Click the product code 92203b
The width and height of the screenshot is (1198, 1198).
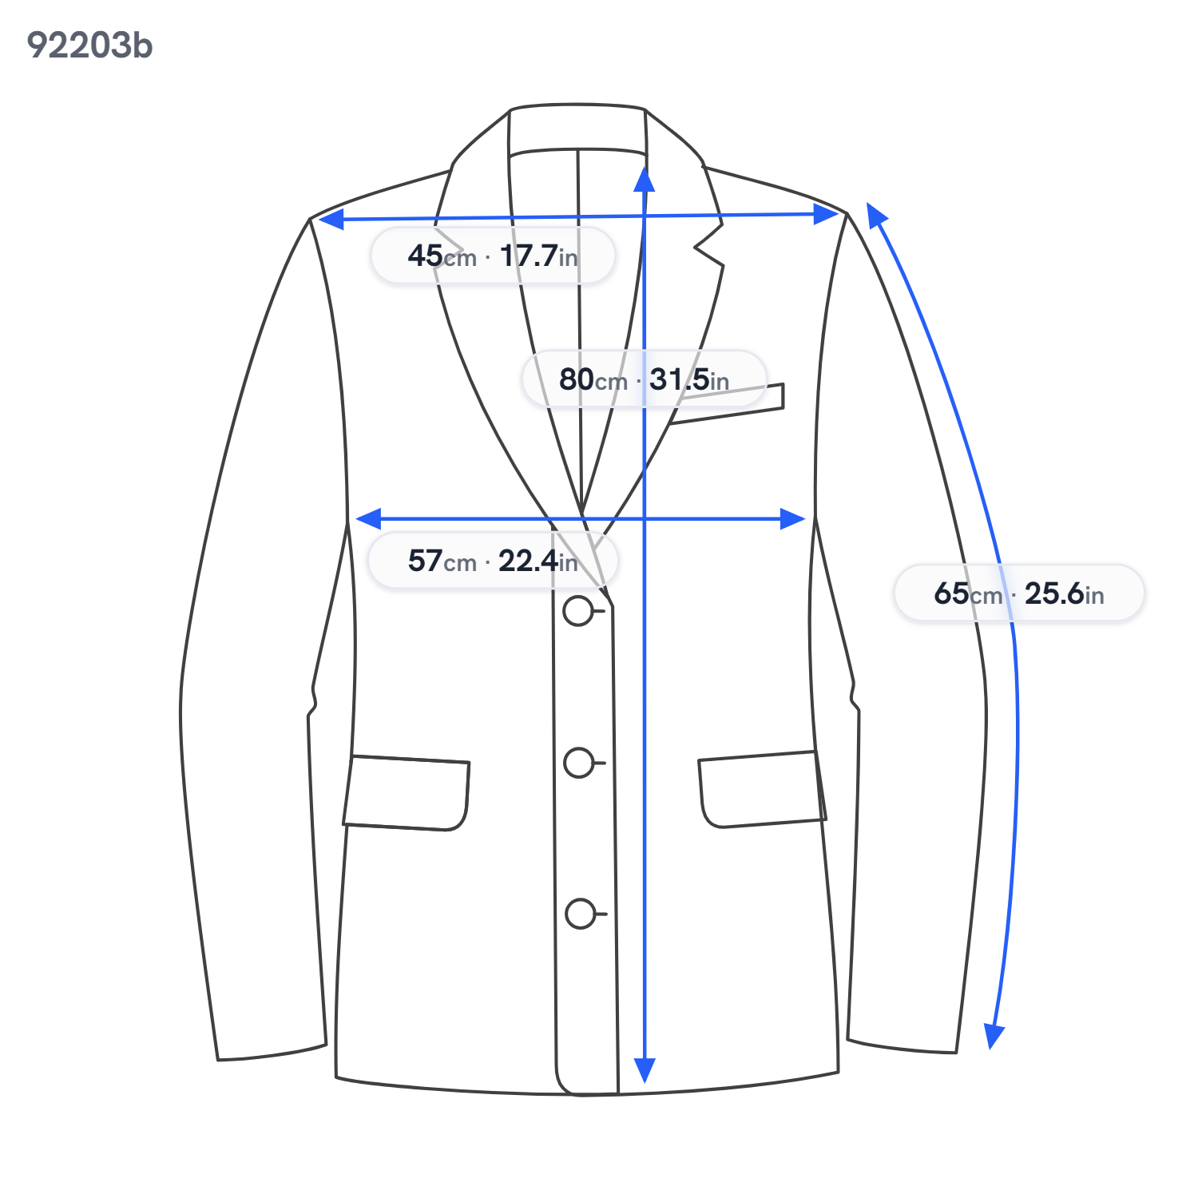click(89, 46)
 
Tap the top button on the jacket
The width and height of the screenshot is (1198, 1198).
click(578, 611)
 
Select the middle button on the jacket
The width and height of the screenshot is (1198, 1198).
click(579, 763)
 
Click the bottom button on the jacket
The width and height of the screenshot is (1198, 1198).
click(581, 914)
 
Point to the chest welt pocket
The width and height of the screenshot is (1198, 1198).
click(727, 403)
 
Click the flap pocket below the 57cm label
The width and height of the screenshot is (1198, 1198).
click(407, 793)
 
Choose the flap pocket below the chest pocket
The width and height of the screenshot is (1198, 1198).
click(762, 789)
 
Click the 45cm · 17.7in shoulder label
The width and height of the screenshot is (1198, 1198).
click(493, 256)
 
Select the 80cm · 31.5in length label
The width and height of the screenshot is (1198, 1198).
click(644, 379)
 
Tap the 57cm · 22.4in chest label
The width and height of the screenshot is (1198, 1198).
click(493, 561)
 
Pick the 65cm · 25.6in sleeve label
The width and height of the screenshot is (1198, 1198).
click(1019, 593)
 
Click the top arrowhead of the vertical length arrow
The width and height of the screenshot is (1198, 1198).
click(645, 180)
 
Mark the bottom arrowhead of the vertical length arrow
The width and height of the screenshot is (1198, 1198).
click(645, 1070)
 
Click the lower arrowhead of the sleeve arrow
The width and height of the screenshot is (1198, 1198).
click(994, 1037)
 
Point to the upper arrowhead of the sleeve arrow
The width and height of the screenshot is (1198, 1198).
click(876, 215)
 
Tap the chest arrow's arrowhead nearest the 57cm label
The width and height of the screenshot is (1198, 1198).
click(368, 519)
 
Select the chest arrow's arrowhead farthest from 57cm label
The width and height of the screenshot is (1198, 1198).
click(793, 519)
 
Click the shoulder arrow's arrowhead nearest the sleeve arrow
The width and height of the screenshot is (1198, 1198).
click(827, 214)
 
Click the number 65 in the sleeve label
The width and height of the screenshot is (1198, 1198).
click(951, 593)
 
